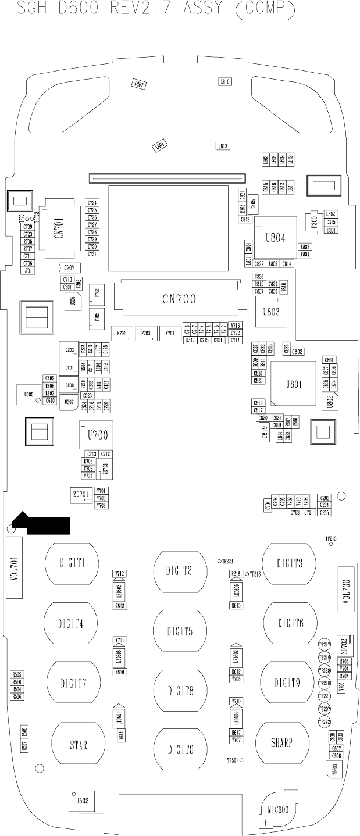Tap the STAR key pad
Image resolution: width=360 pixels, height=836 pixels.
tap(79, 744)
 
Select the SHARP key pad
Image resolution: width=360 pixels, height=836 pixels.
tap(281, 742)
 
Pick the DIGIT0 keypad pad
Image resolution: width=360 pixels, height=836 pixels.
tap(180, 750)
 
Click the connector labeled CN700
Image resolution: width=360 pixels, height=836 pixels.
tap(179, 299)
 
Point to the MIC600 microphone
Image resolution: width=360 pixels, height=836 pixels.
tap(278, 809)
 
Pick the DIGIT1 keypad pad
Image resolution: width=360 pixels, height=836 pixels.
tap(72, 563)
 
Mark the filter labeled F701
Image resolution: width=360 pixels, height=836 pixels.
tap(122, 333)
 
